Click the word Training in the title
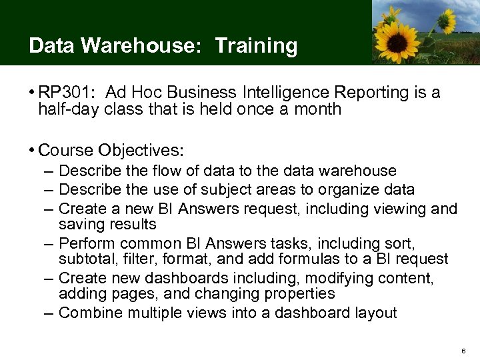tap(256, 46)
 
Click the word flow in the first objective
tap(145, 171)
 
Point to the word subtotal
tap(85, 259)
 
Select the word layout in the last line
tap(375, 313)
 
